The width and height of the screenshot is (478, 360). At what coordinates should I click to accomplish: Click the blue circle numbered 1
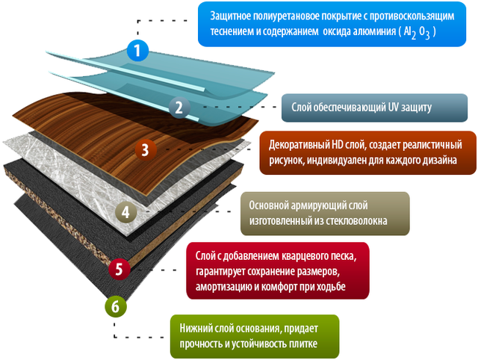[138, 51]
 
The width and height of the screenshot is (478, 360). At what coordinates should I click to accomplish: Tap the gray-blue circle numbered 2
[179, 107]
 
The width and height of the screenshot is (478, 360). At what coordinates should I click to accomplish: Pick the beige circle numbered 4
[125, 212]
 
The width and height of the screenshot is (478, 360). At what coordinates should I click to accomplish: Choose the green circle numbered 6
[114, 305]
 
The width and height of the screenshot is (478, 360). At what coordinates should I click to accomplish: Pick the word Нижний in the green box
[196, 328]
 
